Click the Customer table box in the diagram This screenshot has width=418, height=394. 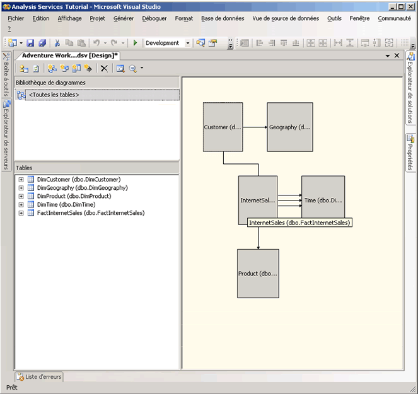coord(223,127)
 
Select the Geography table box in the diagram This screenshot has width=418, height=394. coord(289,127)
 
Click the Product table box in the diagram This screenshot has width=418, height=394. coord(258,274)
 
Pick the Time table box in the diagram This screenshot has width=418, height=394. coord(323,200)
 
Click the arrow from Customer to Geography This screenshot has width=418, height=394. coord(255,127)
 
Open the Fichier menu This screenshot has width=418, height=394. coord(16,18)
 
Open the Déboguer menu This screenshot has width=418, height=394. coord(154,18)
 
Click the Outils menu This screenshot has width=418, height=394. coord(334,18)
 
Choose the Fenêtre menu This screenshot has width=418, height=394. coord(359,18)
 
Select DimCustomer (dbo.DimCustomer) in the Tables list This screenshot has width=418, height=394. coord(78,179)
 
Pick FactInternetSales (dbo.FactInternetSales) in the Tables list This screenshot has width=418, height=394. coord(90,213)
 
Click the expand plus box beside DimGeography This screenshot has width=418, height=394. coord(21,188)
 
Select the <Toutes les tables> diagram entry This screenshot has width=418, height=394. coord(54,95)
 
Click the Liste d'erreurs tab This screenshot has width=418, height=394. coord(39,376)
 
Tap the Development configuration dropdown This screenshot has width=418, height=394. coord(168,43)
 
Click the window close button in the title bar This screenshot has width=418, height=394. coord(410,6)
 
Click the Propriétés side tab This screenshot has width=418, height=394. coord(410,152)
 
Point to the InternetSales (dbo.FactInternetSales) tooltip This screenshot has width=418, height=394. coord(299,223)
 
